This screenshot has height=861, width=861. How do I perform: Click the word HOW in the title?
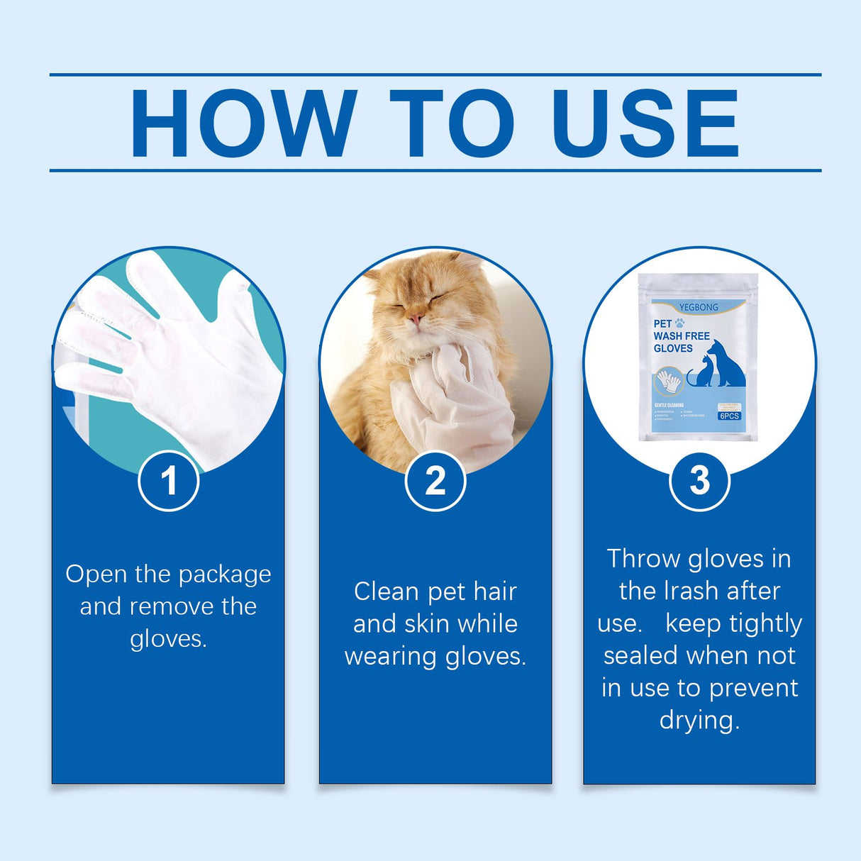pyautogui.click(x=243, y=123)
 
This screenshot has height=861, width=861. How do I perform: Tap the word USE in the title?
pyautogui.click(x=645, y=123)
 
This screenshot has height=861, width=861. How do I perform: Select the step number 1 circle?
pyautogui.click(x=168, y=481)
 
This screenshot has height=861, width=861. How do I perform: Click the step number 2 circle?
pyautogui.click(x=435, y=481)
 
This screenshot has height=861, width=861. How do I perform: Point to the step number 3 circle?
pyautogui.click(x=699, y=481)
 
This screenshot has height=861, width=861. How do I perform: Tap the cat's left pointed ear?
pyautogui.click(x=372, y=273)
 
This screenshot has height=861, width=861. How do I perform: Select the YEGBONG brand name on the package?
pyautogui.click(x=699, y=307)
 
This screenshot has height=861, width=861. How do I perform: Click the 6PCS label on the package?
pyautogui.click(x=728, y=416)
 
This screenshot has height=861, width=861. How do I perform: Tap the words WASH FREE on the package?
pyautogui.click(x=682, y=335)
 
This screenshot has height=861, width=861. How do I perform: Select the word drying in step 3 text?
pyautogui.click(x=699, y=721)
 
